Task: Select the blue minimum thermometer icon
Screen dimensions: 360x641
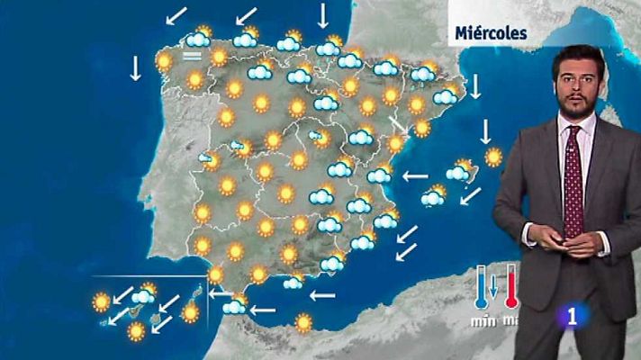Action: pyautogui.click(x=482, y=287)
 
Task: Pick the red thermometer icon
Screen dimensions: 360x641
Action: pyautogui.click(x=511, y=287)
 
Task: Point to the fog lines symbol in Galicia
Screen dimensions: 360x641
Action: pyautogui.click(x=191, y=57)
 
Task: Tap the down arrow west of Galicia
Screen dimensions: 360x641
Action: pyautogui.click(x=136, y=67)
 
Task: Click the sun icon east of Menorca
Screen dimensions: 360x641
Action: pyautogui.click(x=493, y=157)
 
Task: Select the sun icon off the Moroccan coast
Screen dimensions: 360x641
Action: pyautogui.click(x=303, y=320)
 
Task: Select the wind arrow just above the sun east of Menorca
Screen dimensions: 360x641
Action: pyautogui.click(x=485, y=132)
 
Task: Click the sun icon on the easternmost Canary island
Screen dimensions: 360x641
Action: pyautogui.click(x=190, y=312)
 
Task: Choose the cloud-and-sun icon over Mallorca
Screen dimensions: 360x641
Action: pyautogui.click(x=434, y=195)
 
